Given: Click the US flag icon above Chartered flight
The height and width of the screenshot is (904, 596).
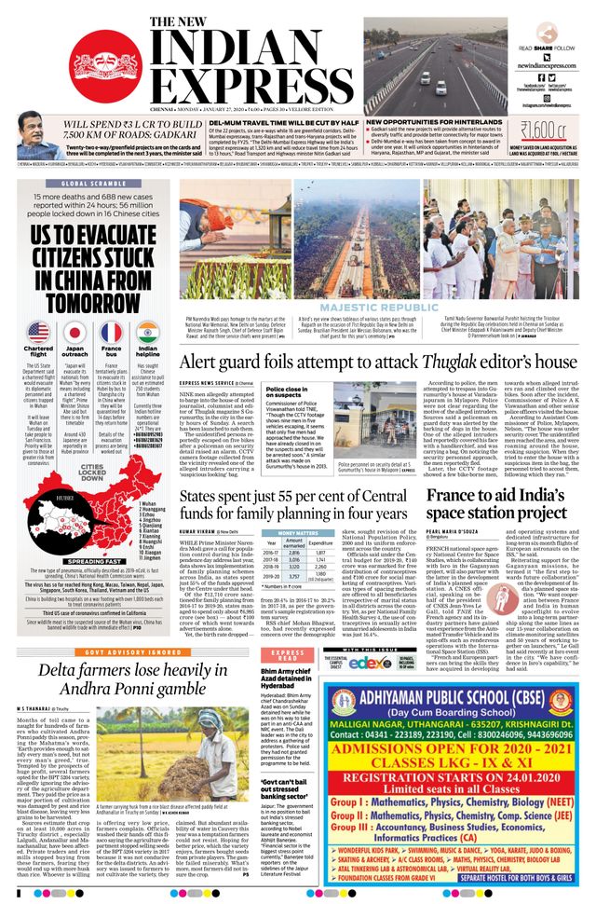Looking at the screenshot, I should pos(39,331).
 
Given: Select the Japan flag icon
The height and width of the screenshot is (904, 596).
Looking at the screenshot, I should pos(74,331).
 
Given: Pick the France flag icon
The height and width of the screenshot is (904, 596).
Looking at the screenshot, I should pos(111,331).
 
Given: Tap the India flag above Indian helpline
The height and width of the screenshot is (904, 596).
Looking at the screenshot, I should pos(146,331).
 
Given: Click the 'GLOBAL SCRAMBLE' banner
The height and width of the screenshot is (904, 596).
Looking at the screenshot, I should pos(93,184).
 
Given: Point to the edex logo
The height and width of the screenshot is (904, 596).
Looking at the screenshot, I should pos(370,636).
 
